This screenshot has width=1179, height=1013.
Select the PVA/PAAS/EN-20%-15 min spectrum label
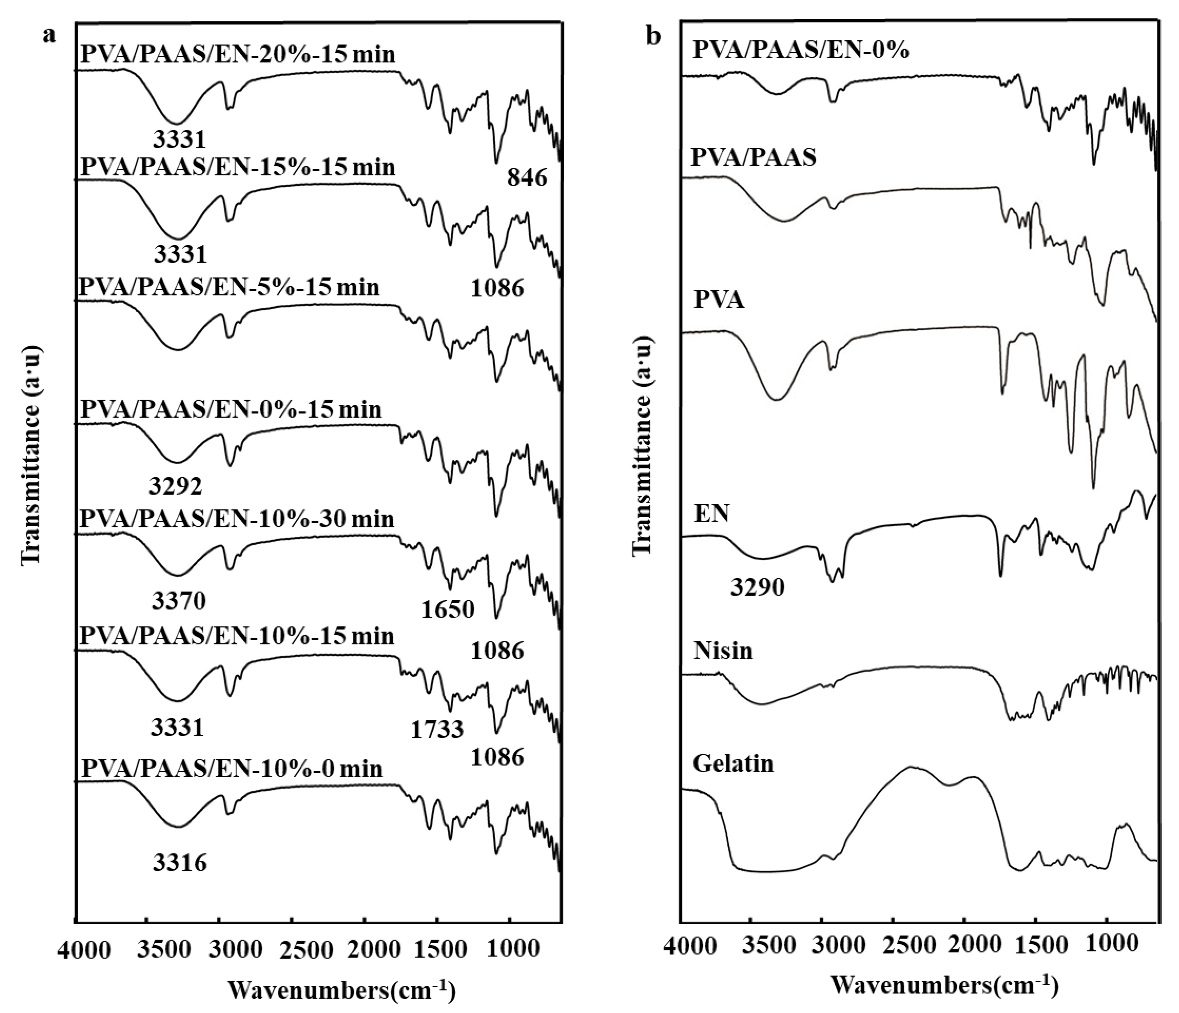pos(238,55)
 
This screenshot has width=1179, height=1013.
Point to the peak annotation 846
pos(527,179)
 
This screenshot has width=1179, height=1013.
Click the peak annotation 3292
pos(176,487)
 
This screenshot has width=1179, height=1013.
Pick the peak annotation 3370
pos(179,600)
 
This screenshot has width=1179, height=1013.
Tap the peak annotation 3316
pos(180,863)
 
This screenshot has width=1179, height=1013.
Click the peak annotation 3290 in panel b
pos(758,587)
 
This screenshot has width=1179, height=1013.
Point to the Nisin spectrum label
pos(723,650)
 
